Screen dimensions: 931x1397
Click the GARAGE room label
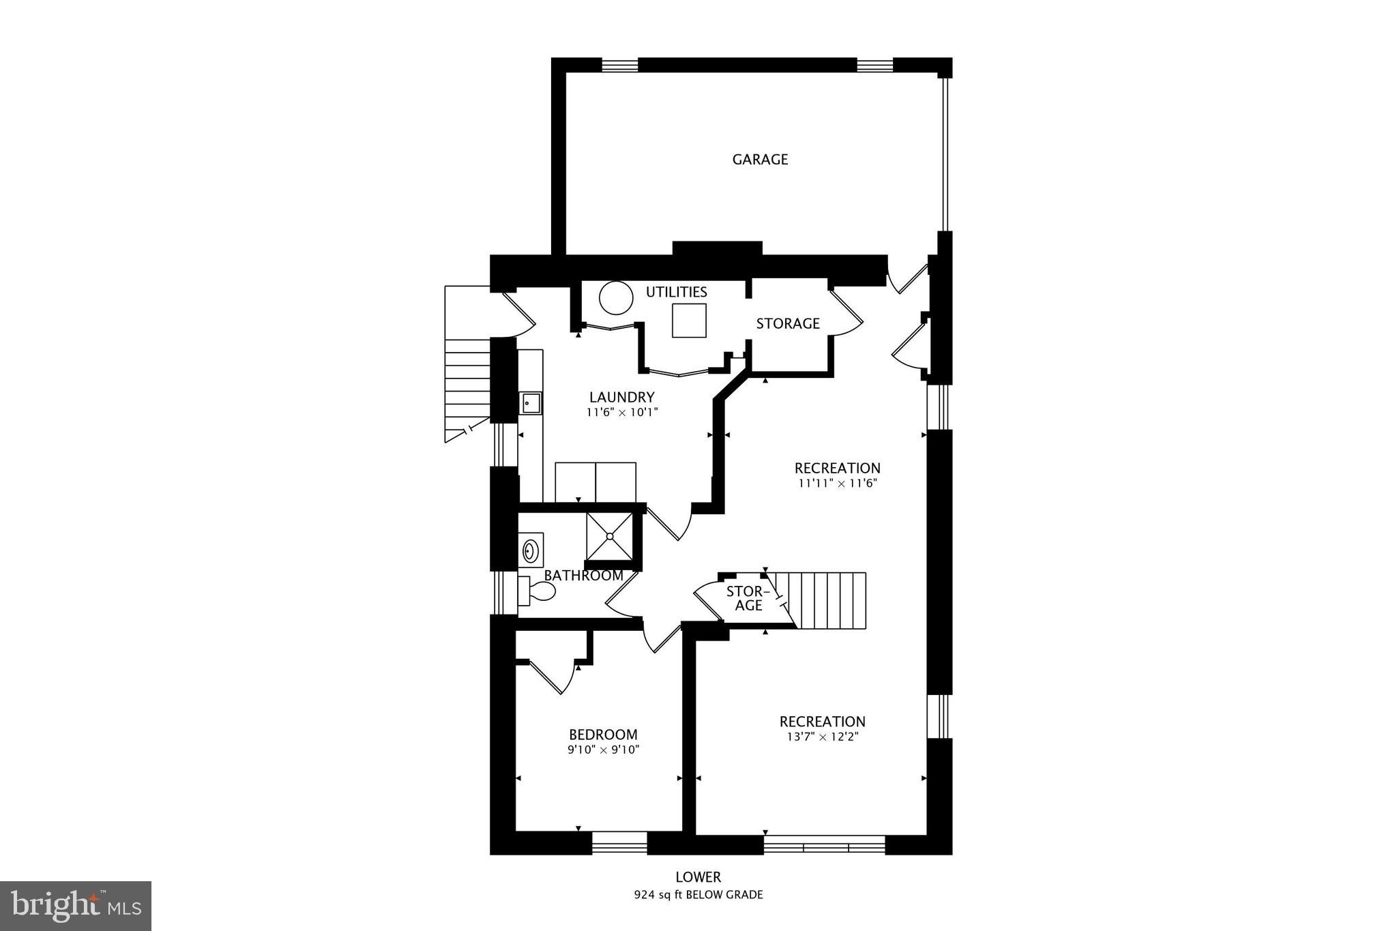coord(760,160)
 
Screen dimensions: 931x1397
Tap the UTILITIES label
coord(676,293)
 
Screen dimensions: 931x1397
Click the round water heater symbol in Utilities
coord(616,298)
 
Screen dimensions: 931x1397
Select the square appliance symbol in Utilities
coord(689,321)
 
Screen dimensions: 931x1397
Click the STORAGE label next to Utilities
coord(787,324)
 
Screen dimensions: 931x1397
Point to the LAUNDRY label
coord(621,397)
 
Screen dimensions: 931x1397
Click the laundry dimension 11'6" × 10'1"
coord(621,413)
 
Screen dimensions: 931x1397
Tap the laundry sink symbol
coord(531,403)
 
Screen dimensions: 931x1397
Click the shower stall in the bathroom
coord(609,536)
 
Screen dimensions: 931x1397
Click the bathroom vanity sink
coord(530,550)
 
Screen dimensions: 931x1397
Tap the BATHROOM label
coord(584,576)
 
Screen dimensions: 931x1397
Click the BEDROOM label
coord(603,735)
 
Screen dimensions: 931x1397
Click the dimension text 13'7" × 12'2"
coord(822,737)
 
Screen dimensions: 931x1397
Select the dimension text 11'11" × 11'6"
coord(837,484)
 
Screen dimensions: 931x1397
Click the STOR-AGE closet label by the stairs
coord(748,598)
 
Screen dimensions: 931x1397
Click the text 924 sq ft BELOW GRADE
coord(698,895)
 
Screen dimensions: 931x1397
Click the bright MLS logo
coord(76,906)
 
